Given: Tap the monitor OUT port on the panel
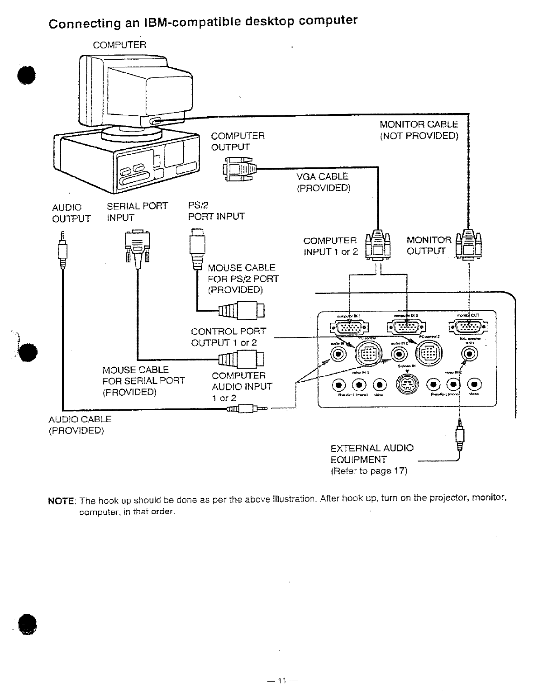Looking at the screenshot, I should click(467, 327).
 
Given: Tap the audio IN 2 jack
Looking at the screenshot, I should click(399, 354).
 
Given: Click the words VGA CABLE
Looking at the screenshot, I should click(322, 176).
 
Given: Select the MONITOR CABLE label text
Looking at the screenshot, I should click(419, 124).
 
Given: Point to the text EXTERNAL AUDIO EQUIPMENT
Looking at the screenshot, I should click(372, 454).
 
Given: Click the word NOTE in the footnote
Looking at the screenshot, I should click(61, 501).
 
